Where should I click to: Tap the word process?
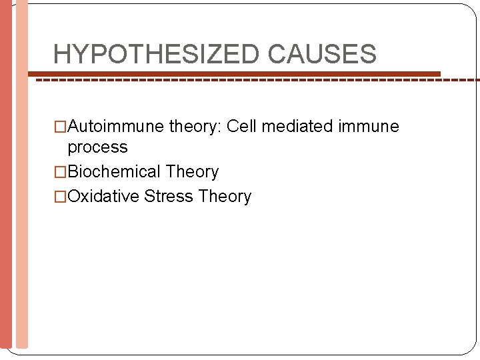97,147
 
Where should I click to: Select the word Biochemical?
114,172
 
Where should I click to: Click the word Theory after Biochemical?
192,172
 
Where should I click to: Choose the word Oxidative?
103,197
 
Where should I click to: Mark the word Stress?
168,197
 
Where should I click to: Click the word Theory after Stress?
225,197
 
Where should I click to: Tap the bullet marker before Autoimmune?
60,127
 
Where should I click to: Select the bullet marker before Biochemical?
60,172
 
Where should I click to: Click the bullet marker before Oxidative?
60,197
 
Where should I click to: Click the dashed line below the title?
267,80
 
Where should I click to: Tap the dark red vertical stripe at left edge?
6,180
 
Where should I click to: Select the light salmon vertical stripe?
22,180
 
